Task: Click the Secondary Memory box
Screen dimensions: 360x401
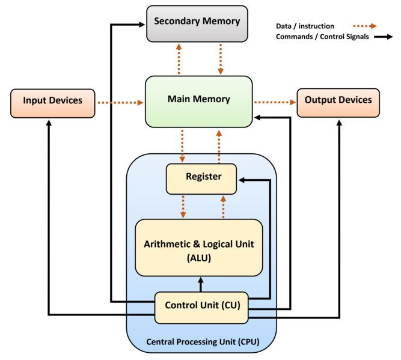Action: tap(197, 23)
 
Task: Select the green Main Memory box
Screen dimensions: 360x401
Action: tap(198, 101)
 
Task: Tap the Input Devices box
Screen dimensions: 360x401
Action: tap(53, 103)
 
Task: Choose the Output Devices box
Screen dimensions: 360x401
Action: tap(338, 102)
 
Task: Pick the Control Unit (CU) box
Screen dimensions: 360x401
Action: tap(202, 307)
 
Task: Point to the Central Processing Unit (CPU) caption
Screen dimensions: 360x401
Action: tap(203, 343)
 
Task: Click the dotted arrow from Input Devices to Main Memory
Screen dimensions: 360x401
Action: tap(120, 103)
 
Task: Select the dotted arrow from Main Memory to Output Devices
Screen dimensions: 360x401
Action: tap(275, 103)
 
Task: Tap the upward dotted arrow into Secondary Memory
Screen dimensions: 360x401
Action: tap(179, 59)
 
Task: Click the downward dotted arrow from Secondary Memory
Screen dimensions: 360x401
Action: tap(221, 59)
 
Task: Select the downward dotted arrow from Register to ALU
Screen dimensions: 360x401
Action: tap(183, 206)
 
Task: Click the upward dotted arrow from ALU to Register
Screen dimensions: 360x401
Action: tap(223, 206)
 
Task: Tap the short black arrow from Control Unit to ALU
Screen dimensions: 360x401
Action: tap(201, 284)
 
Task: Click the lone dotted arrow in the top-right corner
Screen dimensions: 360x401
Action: tap(364, 26)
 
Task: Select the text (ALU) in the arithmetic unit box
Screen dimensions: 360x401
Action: tap(198, 258)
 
